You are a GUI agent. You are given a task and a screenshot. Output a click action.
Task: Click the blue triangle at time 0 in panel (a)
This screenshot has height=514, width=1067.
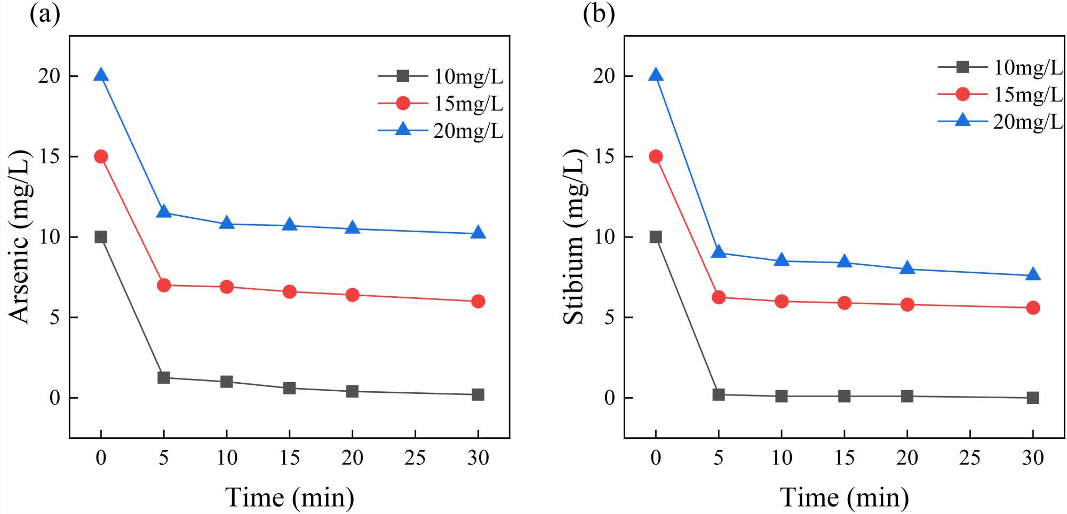[101, 75]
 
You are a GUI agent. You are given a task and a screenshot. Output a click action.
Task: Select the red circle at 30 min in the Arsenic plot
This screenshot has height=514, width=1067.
[478, 301]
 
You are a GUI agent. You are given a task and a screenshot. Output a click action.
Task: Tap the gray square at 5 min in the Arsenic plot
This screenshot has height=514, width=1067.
[164, 377]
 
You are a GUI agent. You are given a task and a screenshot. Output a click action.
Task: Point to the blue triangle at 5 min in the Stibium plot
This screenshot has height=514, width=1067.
[719, 252]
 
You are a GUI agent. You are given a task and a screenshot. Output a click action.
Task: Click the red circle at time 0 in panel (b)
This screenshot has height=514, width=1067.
[656, 156]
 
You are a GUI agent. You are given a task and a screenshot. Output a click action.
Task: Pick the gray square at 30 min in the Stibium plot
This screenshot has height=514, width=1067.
[1033, 398]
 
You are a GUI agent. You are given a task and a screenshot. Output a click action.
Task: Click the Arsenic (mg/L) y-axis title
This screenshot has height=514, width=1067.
[20, 237]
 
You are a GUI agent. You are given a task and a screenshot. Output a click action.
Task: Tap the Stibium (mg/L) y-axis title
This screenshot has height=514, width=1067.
[575, 237]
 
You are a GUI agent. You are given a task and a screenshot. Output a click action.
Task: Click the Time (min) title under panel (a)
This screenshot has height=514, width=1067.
[289, 497]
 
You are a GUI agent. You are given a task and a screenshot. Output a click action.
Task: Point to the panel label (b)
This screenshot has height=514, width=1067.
[599, 14]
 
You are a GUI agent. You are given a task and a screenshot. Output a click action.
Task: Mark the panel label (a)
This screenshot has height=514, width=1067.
[45, 14]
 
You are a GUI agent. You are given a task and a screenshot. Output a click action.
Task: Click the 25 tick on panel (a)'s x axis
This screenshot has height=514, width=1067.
[415, 458]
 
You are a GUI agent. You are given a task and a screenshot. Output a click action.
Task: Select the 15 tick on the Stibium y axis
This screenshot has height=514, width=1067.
[604, 157]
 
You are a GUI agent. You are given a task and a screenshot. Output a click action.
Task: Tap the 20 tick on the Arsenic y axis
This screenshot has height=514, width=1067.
[49, 76]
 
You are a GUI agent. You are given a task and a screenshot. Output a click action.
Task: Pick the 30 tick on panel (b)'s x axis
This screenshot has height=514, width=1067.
[1033, 458]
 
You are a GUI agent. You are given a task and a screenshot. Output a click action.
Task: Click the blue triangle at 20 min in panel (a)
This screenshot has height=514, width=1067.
[352, 228]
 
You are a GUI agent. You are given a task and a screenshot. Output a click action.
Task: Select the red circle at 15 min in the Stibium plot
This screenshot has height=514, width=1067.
[845, 303]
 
